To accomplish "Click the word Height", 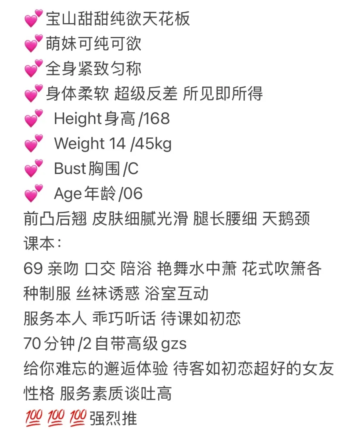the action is [78, 118].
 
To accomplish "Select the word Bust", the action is [70, 168].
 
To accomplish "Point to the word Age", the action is [68, 194].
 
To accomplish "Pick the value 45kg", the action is [153, 144].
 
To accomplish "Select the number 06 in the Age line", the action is [133, 193].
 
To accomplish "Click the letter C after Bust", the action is [133, 168].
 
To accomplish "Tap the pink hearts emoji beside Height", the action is [34, 118].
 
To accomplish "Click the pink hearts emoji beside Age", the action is [34, 193].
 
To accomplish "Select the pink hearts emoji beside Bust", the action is [34, 168].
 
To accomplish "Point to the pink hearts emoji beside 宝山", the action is [34, 18].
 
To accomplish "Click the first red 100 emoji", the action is [34, 418].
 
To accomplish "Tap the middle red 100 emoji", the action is [56, 418].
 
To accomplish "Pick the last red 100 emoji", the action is [78, 418].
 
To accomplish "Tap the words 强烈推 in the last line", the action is [113, 419].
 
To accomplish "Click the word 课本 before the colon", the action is [39, 243].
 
